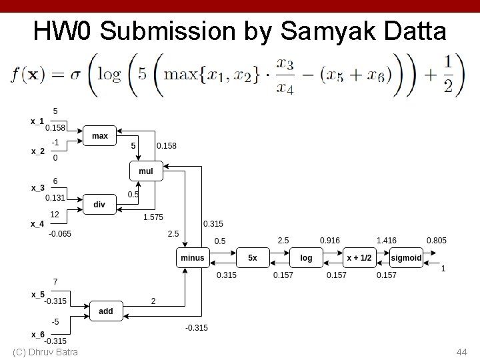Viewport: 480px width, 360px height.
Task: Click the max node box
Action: coord(100,136)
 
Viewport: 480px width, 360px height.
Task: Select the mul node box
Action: coord(145,171)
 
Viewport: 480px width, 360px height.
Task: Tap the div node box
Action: coord(99,205)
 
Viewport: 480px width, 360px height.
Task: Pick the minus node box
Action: coord(193,257)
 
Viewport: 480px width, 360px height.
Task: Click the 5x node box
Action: coord(253,257)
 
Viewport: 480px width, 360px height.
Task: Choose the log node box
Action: coord(306,257)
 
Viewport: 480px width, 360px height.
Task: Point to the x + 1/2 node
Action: coord(359,257)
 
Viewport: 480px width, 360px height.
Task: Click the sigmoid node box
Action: coord(407,257)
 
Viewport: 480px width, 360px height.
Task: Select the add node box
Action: coord(106,311)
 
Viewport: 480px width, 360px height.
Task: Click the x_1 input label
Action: coord(37,121)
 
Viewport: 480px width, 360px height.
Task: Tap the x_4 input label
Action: coord(37,224)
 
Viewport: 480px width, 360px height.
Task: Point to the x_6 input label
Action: coord(37,334)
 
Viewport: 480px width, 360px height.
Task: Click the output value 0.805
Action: coord(437,240)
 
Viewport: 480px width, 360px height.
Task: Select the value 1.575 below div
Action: coord(153,217)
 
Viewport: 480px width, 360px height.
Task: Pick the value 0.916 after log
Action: coord(329,240)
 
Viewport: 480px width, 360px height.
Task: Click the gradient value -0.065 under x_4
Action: coord(60,233)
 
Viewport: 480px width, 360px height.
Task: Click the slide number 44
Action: coord(461,351)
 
